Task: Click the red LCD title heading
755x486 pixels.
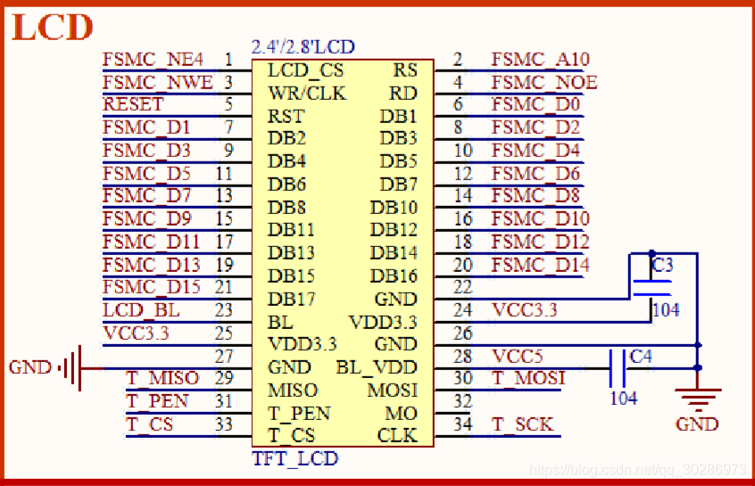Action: tap(53, 27)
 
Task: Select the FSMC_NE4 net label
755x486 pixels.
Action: tap(153, 61)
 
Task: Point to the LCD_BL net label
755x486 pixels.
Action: tap(141, 310)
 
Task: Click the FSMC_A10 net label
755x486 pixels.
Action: tap(540, 61)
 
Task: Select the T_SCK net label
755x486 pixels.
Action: tap(522, 424)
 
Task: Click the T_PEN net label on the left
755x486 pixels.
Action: tap(157, 401)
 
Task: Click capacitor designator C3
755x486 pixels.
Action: tap(663, 266)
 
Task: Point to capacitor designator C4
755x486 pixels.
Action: tap(641, 357)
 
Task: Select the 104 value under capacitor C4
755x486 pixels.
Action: tap(624, 398)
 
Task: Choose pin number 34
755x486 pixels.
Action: tap(462, 424)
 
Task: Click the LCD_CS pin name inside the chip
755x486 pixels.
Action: tap(305, 70)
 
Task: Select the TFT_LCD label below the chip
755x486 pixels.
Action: tap(295, 458)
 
